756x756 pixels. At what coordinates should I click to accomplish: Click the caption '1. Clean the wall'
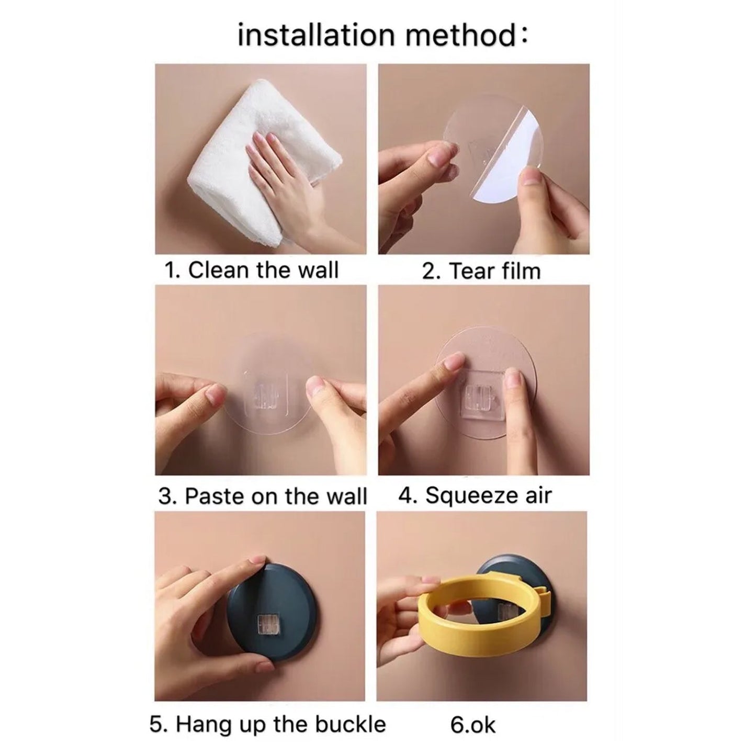coord(252,270)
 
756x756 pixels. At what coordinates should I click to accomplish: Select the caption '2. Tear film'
coord(481,271)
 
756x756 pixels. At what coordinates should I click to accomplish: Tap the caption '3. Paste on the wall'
coord(263,496)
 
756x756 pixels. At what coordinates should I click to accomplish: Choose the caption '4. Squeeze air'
coord(475,495)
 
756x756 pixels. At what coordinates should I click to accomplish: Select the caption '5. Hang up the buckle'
coord(267,725)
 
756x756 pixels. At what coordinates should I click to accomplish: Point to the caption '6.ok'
coord(472,725)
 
